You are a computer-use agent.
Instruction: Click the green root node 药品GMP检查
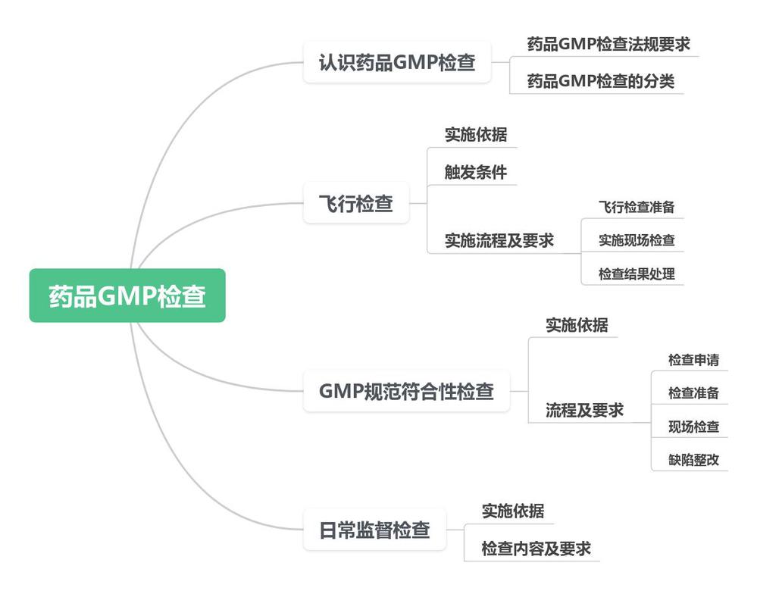click(x=127, y=295)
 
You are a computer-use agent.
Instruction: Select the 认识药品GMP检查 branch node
click(x=397, y=62)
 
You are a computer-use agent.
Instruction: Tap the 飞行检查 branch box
click(x=356, y=203)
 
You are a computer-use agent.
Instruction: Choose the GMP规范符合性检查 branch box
click(x=406, y=391)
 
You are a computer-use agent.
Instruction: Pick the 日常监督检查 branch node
click(x=375, y=529)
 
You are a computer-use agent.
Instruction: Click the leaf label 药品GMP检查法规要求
click(x=608, y=44)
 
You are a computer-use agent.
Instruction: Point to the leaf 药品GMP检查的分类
click(x=600, y=80)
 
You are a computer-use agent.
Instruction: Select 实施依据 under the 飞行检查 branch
click(x=476, y=135)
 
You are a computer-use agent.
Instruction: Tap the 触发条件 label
click(x=476, y=172)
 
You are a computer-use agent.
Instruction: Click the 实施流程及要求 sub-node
click(x=499, y=240)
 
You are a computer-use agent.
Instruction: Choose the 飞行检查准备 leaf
click(x=637, y=207)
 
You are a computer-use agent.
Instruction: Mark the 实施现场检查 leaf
click(x=637, y=240)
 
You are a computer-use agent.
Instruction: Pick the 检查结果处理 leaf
click(x=637, y=274)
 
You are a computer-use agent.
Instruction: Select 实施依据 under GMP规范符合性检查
click(x=577, y=324)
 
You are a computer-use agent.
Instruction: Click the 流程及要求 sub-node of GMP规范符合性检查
click(x=584, y=410)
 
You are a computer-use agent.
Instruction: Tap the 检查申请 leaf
click(x=693, y=360)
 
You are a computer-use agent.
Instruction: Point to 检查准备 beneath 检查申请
click(x=693, y=392)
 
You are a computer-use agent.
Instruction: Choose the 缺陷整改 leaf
click(x=693, y=459)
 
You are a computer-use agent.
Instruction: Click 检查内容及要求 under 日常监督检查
click(x=536, y=548)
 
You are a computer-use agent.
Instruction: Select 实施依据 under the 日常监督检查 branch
click(x=513, y=511)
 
